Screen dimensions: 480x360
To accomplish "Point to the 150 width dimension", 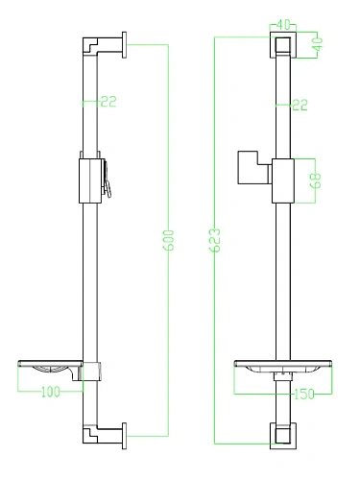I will (303, 393).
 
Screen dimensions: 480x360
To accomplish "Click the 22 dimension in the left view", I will (108, 101).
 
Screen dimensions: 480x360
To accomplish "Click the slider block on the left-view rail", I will (87, 179).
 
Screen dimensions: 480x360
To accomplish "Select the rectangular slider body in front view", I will (281, 179).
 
